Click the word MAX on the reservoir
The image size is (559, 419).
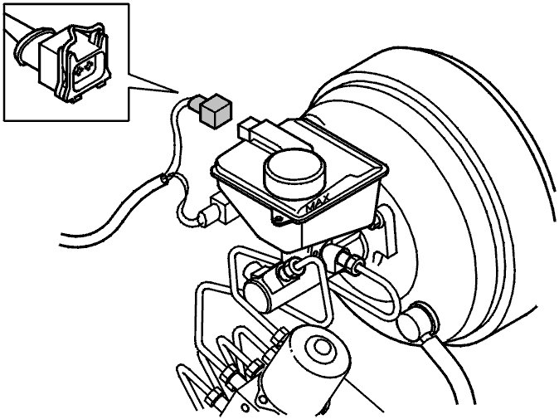click(x=318, y=203)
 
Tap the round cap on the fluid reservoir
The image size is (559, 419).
click(x=294, y=169)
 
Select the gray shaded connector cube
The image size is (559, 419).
click(x=216, y=111)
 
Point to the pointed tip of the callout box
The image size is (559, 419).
click(x=177, y=92)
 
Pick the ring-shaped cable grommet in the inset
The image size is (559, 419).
click(x=25, y=49)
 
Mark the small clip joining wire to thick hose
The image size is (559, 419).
click(x=165, y=178)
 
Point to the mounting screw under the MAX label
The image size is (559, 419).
click(x=278, y=218)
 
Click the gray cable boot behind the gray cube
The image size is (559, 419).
click(x=196, y=104)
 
